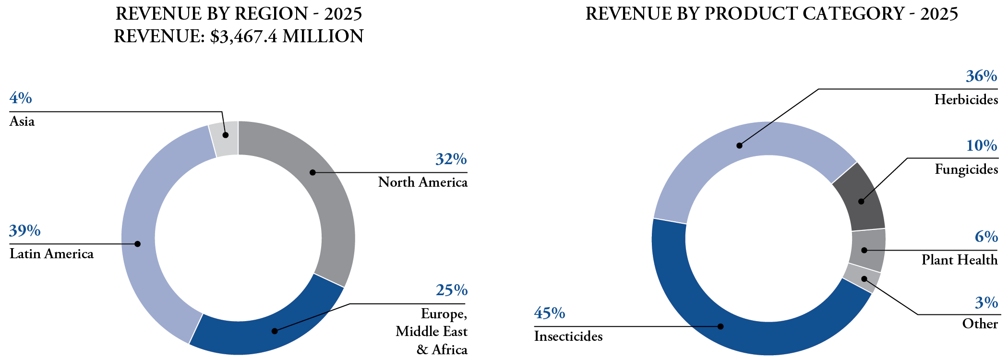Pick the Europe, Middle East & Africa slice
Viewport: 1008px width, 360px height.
tap(269, 331)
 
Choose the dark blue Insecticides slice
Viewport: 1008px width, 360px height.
tap(720, 322)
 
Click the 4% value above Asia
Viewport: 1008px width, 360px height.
tap(21, 98)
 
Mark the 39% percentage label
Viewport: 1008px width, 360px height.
tap(24, 231)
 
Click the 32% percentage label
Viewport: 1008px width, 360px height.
tap(451, 159)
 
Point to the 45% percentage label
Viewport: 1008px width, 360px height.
tap(550, 313)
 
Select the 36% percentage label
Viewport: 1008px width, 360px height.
tap(982, 76)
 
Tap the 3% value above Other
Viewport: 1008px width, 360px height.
tap(986, 303)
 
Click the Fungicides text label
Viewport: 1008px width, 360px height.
tap(966, 169)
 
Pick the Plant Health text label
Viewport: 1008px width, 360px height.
tap(960, 260)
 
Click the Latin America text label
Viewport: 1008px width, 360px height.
tap(51, 254)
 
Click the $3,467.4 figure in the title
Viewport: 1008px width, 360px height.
tap(244, 36)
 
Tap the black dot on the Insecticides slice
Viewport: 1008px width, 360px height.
tap(720, 326)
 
